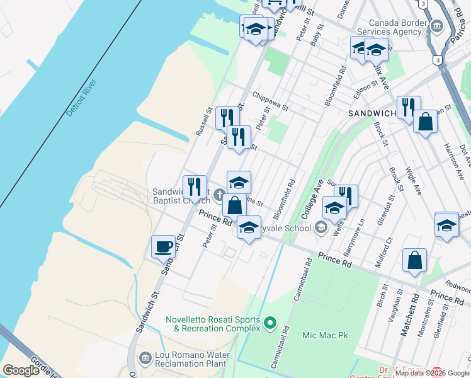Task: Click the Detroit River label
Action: point(82,99)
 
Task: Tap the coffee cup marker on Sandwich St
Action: point(164,246)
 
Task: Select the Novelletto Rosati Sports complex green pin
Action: point(271,323)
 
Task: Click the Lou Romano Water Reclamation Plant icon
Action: point(145,358)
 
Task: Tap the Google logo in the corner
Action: point(21,370)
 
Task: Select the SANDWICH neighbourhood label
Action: point(372,113)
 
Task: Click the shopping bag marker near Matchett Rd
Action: point(414,260)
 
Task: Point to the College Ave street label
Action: point(312,198)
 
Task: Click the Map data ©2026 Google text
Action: point(433,374)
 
